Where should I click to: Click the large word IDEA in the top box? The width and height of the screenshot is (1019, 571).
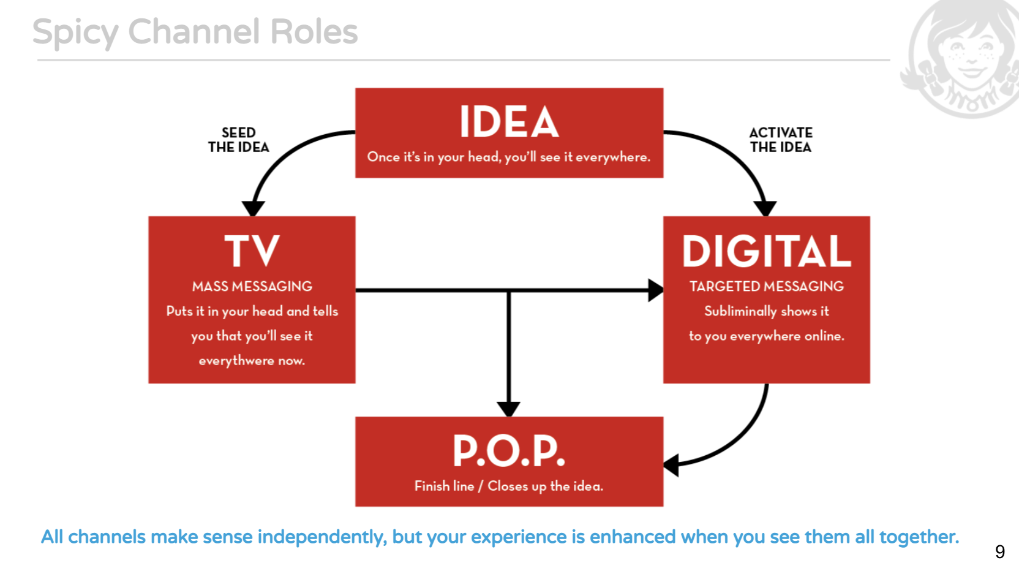point(509,122)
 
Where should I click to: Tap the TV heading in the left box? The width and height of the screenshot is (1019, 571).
point(252,251)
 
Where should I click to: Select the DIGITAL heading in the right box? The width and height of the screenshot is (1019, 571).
point(767,251)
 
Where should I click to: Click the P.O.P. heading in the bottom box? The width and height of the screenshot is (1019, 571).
point(509,451)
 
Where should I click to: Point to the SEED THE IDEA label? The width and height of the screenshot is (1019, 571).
point(238,140)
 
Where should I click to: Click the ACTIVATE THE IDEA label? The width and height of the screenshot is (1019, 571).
point(781,140)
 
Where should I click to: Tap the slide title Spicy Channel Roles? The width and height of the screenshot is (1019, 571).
point(195,32)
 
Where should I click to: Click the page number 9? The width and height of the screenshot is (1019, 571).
point(1000,552)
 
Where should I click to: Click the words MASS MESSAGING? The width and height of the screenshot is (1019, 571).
point(252,287)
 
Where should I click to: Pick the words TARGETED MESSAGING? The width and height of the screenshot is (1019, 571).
point(767,287)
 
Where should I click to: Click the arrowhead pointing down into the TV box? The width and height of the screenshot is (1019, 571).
point(253,208)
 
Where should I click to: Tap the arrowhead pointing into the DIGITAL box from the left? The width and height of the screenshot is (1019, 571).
point(655,290)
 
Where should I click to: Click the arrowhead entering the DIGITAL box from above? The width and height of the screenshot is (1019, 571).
point(765,208)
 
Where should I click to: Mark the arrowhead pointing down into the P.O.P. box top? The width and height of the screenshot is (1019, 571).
point(509,409)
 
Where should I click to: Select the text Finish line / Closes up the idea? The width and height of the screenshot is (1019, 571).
point(509,486)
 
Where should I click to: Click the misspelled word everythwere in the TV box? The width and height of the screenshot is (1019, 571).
point(236,361)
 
